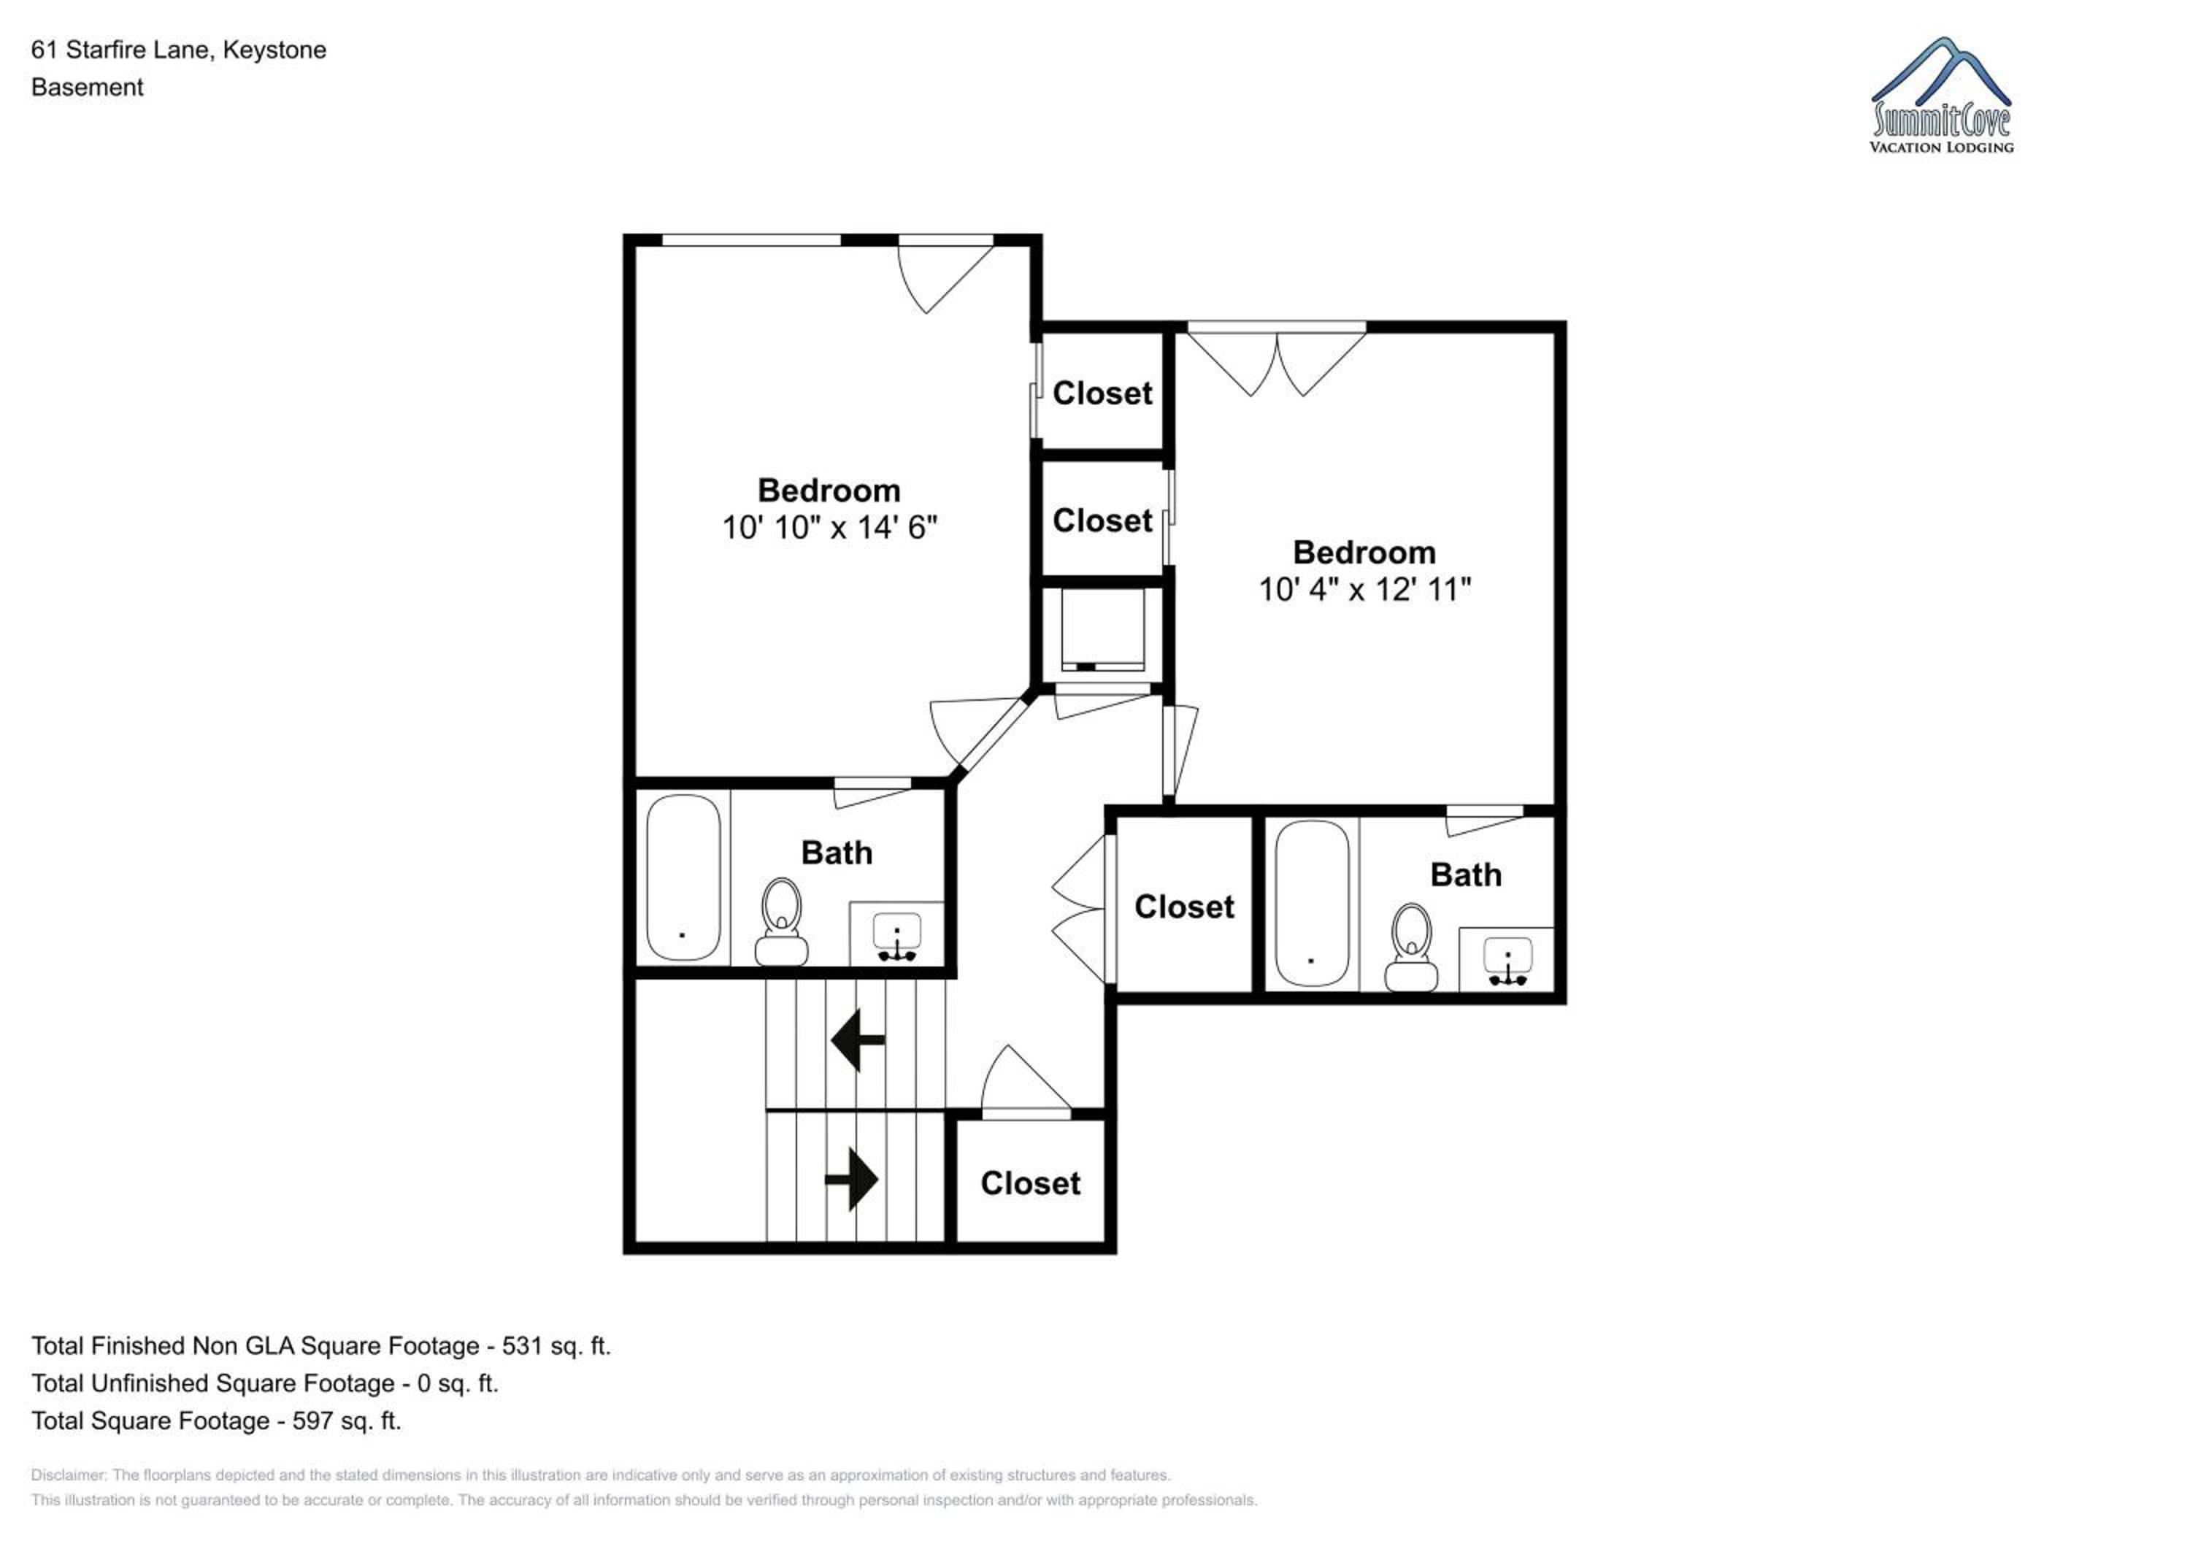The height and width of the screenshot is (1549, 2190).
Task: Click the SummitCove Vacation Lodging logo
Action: (x=1941, y=96)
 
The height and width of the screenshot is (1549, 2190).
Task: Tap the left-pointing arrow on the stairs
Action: (x=858, y=1039)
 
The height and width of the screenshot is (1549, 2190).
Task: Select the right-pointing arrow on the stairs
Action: (x=851, y=1180)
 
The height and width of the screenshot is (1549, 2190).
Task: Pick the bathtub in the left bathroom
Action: (x=683, y=877)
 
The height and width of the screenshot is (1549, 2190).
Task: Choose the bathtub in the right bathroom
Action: (x=1312, y=903)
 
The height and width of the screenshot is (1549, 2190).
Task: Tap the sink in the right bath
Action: (x=1507, y=961)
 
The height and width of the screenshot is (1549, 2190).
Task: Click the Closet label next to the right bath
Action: (x=1184, y=906)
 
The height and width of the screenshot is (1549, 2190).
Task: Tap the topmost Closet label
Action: (x=1102, y=393)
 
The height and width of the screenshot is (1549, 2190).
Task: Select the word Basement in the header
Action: (x=87, y=88)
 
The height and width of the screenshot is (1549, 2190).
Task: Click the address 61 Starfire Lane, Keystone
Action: (x=178, y=50)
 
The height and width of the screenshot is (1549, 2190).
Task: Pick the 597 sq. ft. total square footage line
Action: (x=217, y=1421)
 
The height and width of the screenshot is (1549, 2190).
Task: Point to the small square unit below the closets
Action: (x=1102, y=629)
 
